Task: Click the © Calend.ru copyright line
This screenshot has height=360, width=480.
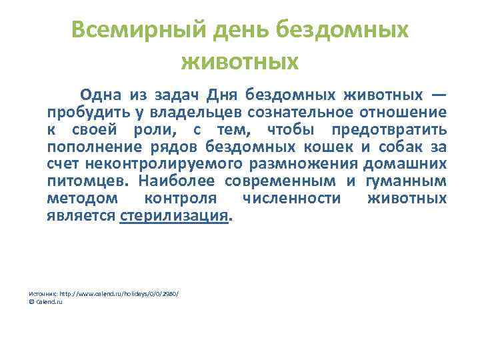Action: [45, 302]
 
